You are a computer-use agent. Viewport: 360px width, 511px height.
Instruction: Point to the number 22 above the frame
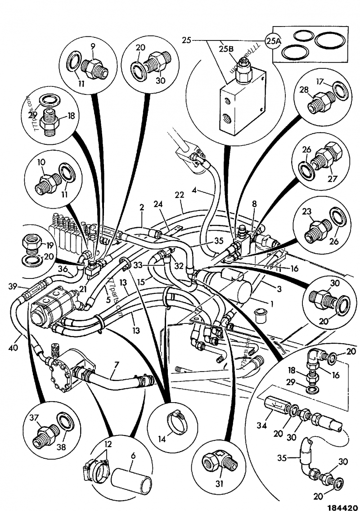(x=179, y=195)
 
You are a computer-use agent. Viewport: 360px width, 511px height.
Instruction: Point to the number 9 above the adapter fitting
(x=93, y=46)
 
